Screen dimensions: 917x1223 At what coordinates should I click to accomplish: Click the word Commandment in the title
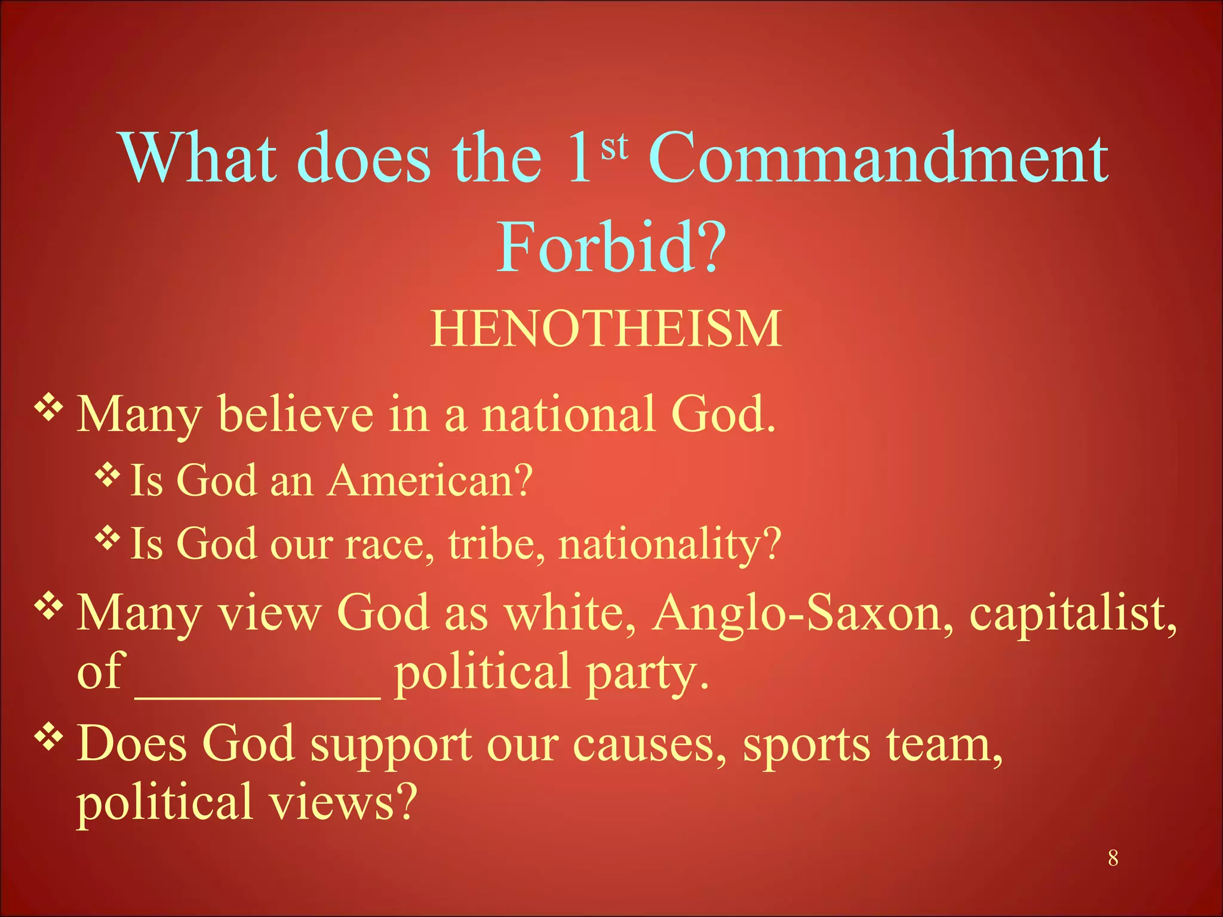point(878,158)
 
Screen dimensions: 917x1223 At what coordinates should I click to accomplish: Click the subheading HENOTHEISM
point(606,329)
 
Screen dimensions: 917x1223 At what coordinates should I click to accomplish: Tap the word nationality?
point(669,544)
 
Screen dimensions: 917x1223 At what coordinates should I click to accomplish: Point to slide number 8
point(1113,858)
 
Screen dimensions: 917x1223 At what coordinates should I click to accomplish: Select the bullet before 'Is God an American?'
point(107,475)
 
